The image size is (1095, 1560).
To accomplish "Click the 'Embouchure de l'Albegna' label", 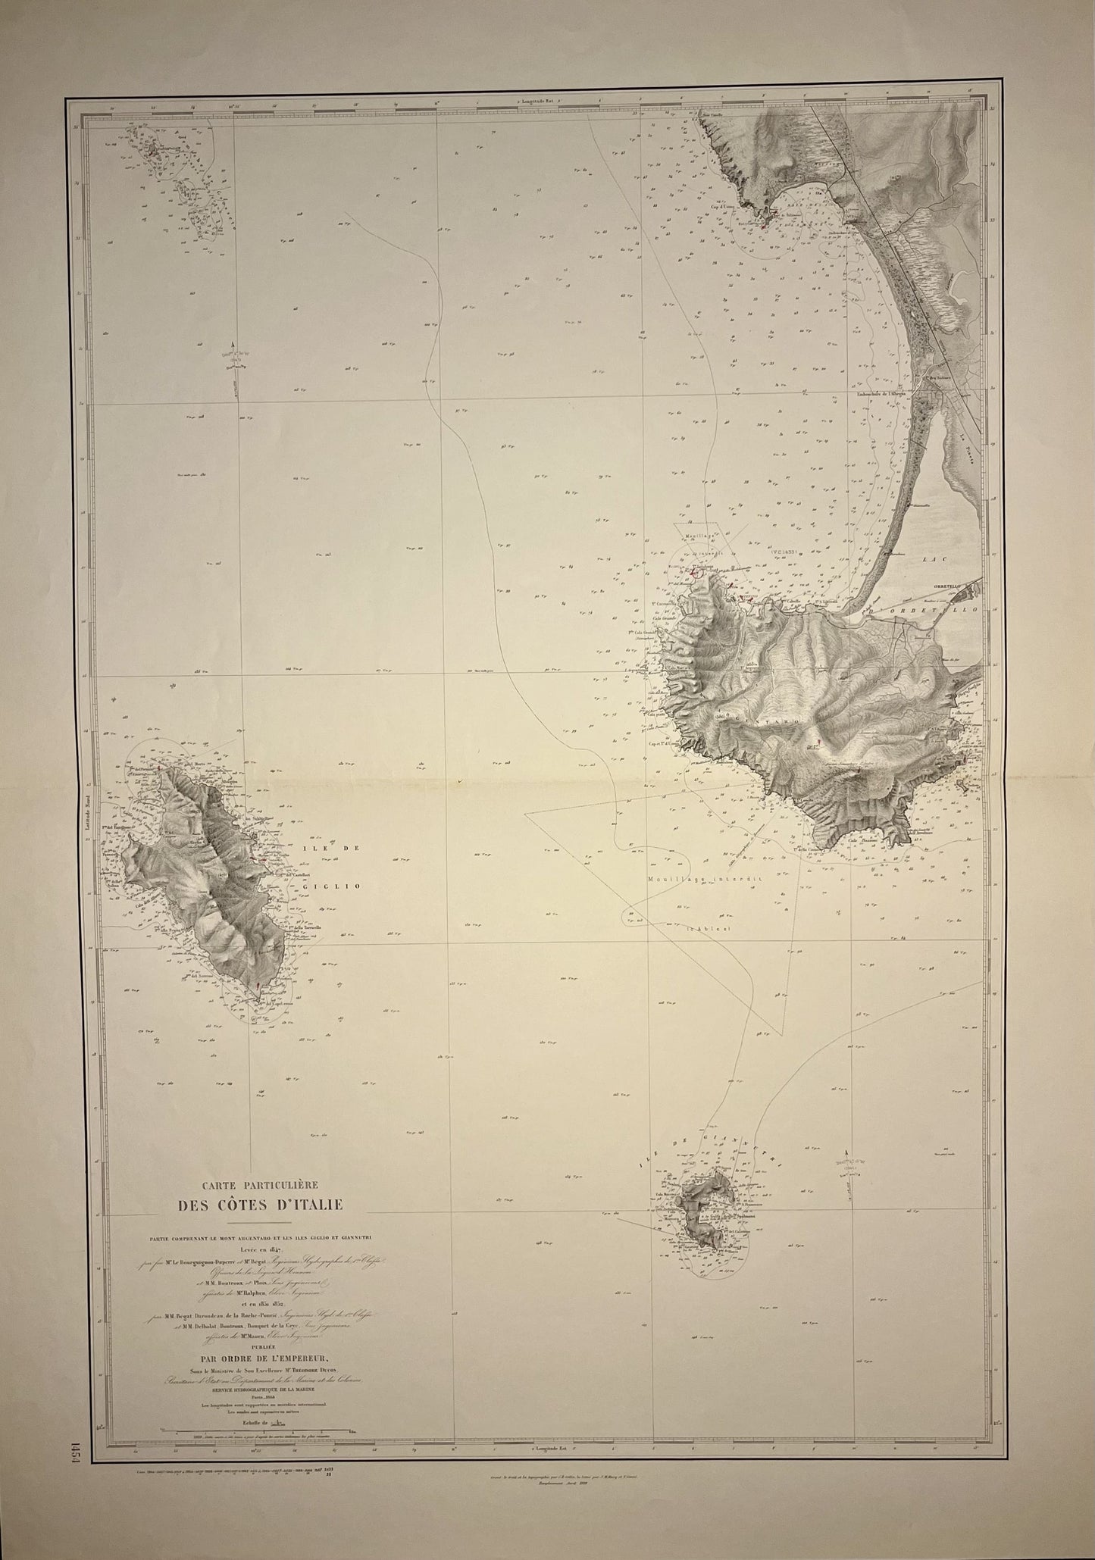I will click(x=880, y=392).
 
